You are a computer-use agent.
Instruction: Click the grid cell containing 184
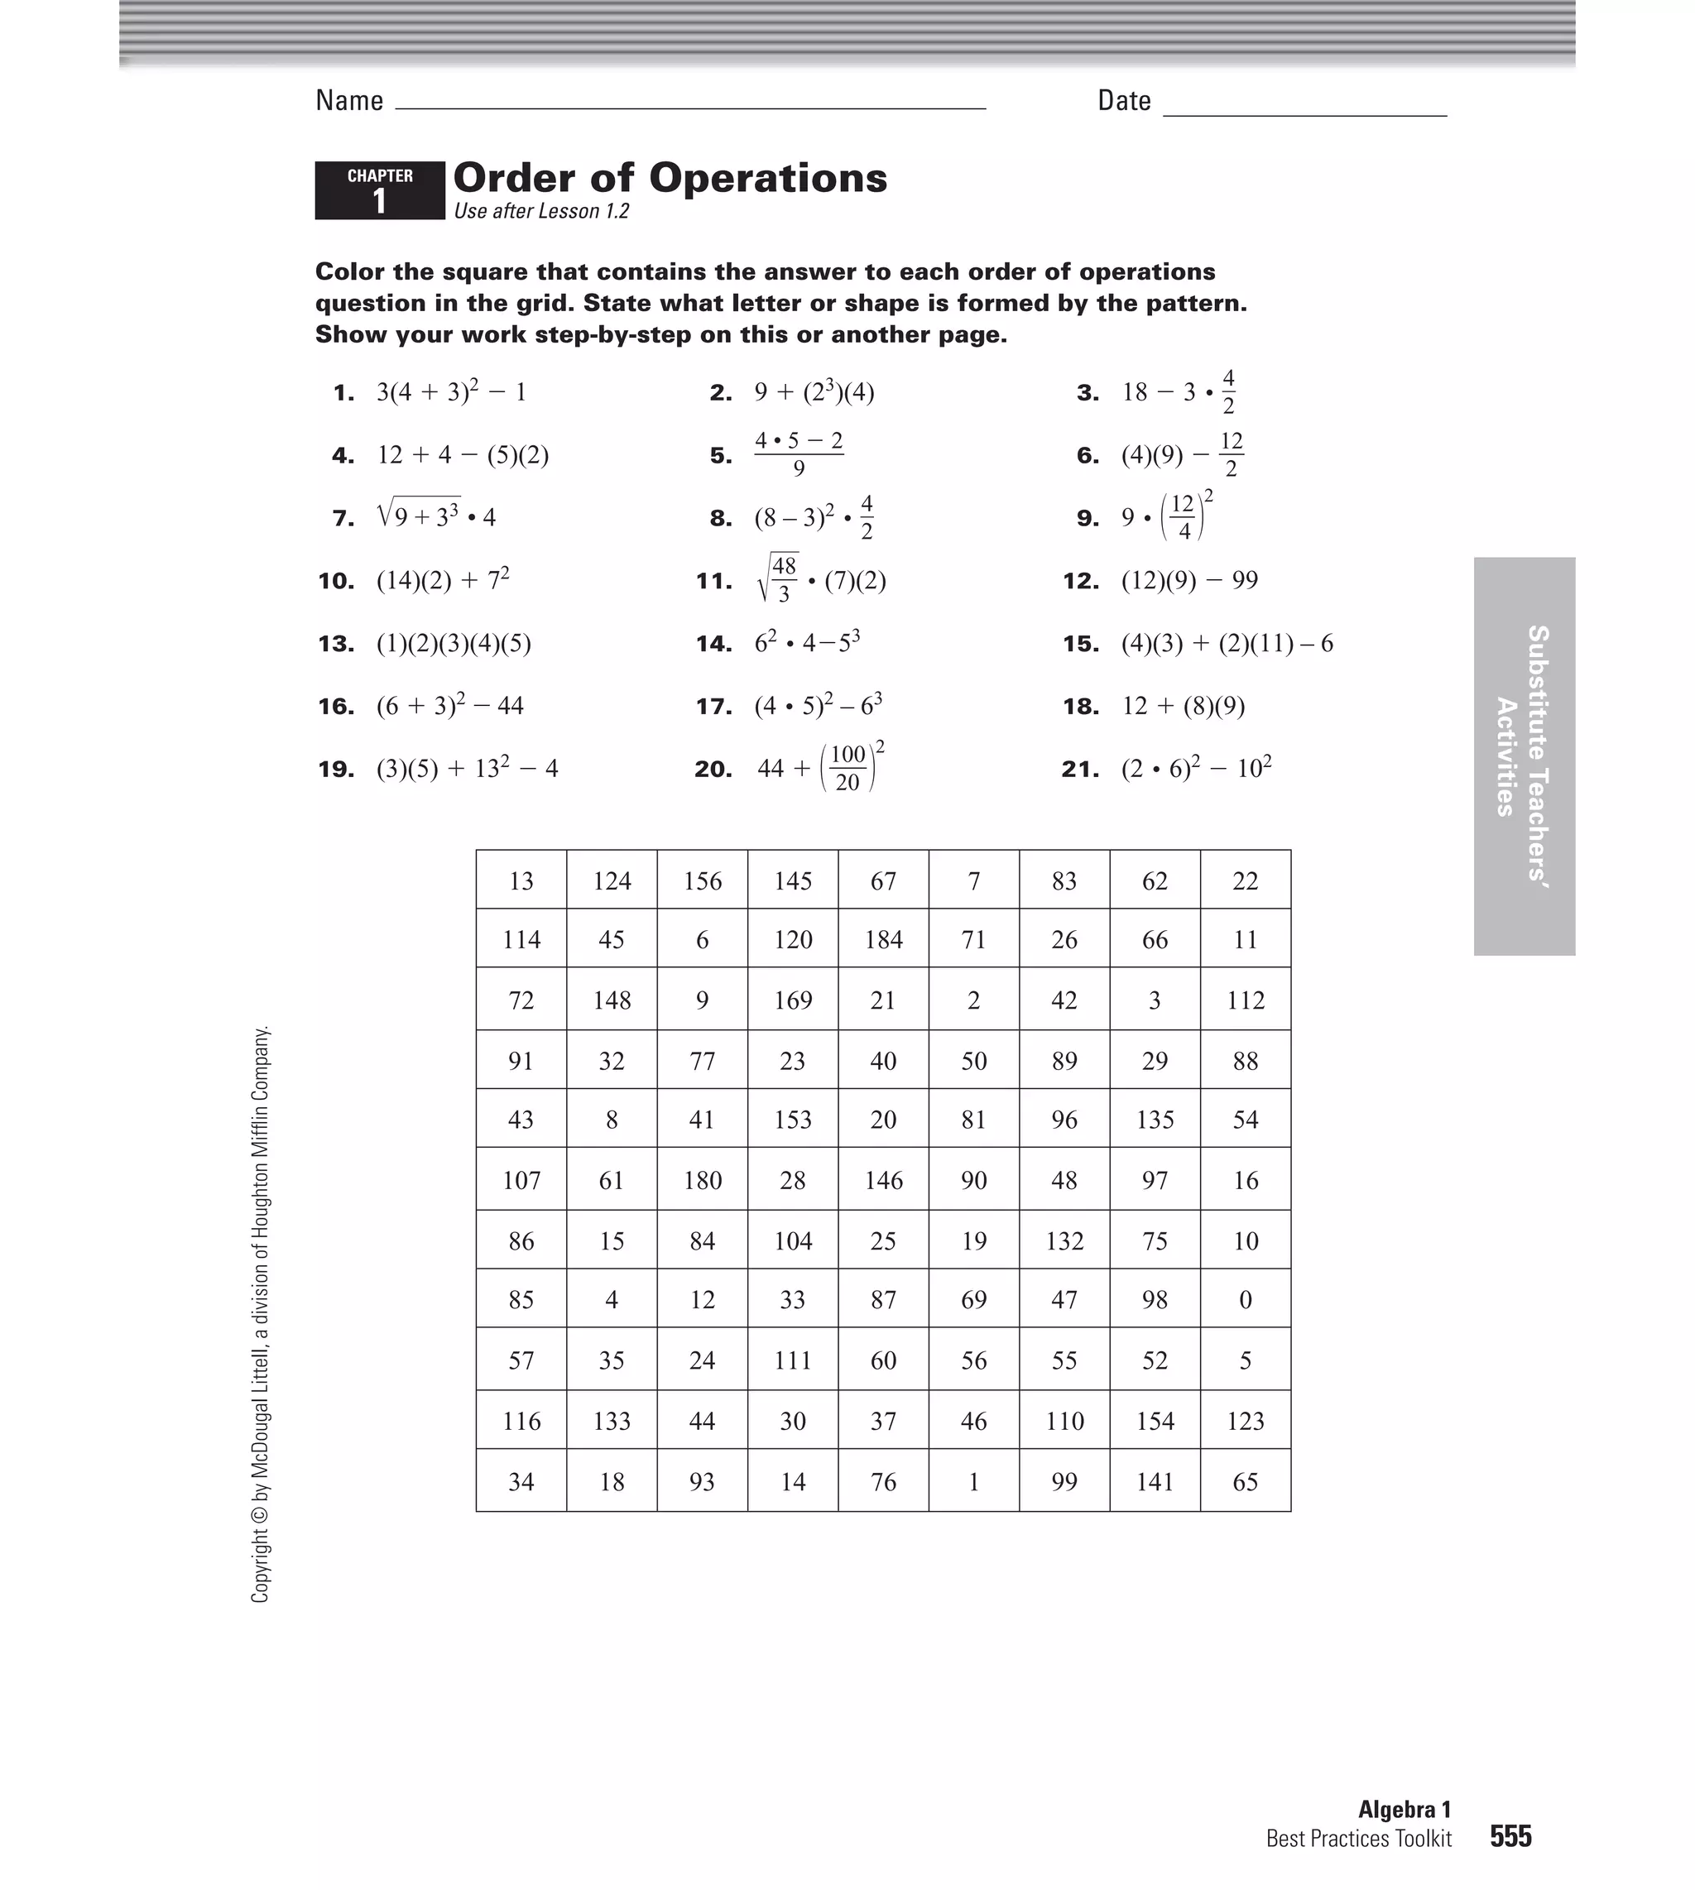[883, 939]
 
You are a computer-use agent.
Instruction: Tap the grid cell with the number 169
[793, 1000]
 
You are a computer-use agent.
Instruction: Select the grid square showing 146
[883, 1181]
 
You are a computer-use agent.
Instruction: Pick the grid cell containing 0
[1245, 1300]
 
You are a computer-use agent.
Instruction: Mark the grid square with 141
[1155, 1481]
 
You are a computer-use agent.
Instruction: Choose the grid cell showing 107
[521, 1181]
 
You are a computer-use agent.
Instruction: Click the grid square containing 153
[793, 1119]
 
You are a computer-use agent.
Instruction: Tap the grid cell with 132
[1064, 1241]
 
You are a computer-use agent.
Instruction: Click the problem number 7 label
[343, 519]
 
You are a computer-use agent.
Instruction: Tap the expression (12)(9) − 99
[1189, 581]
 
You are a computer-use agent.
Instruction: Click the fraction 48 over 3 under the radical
[784, 579]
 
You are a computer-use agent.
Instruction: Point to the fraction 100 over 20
[847, 768]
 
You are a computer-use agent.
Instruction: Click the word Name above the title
[349, 101]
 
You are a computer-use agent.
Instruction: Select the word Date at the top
[1124, 101]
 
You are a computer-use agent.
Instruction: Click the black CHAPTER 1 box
[380, 191]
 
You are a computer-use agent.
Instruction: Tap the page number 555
[1510, 1836]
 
